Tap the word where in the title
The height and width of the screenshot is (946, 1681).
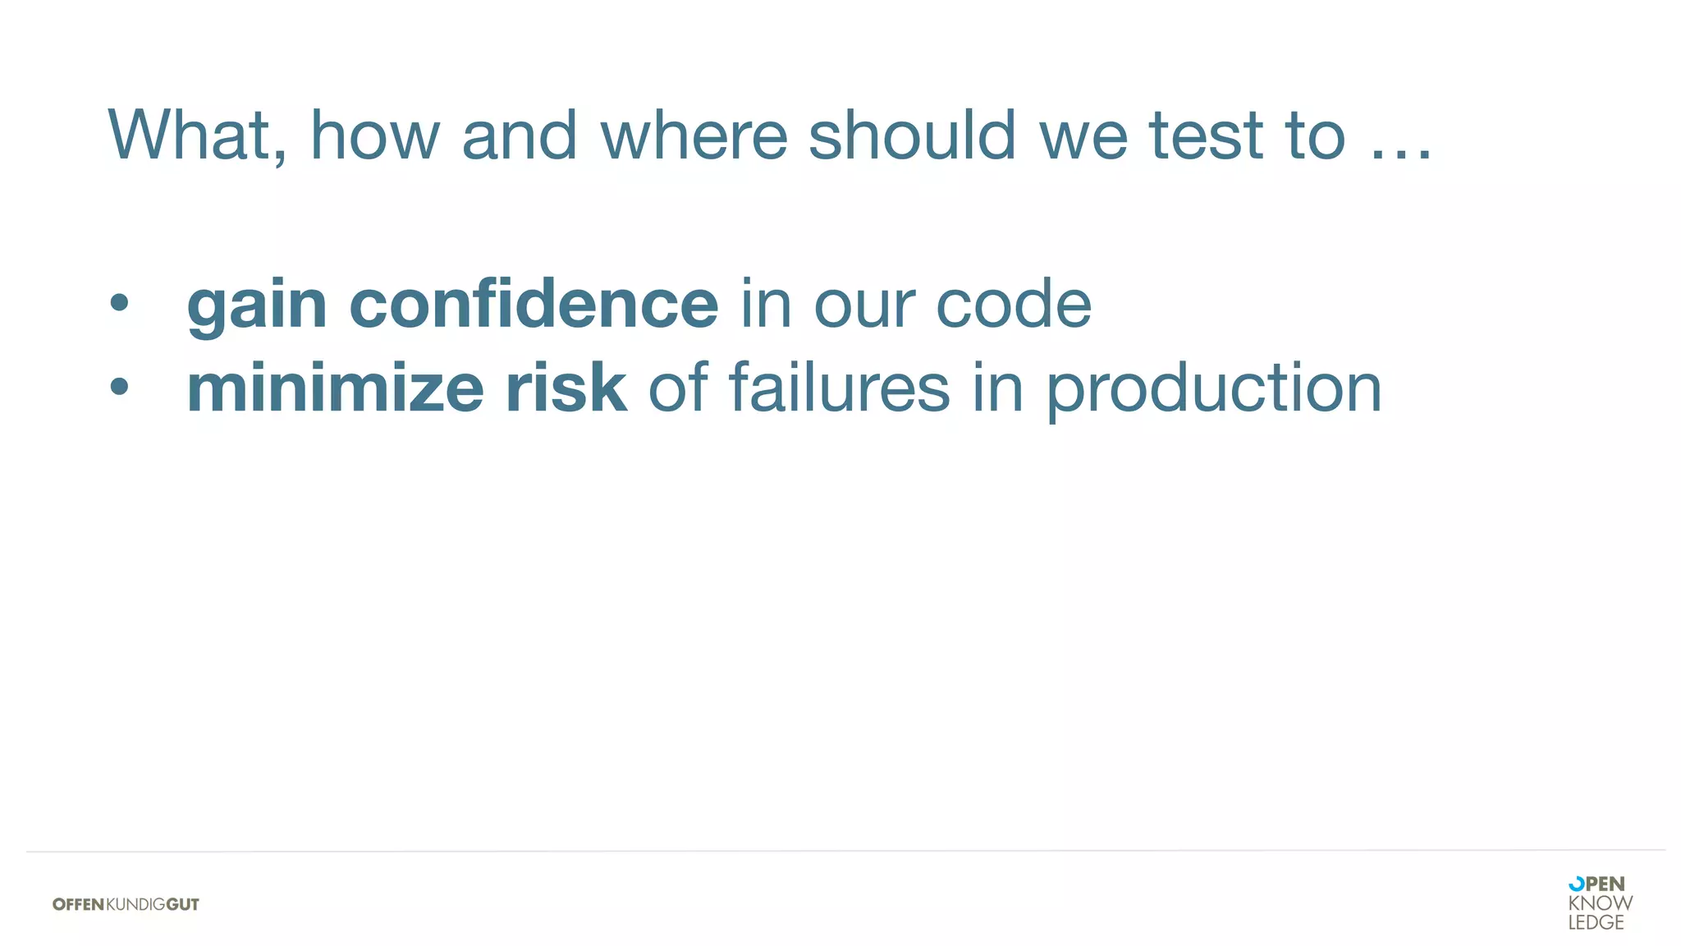click(x=694, y=135)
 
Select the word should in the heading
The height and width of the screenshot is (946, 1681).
click(x=913, y=135)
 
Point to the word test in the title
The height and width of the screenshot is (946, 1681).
click(x=1205, y=135)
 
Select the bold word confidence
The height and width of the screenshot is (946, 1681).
click(x=534, y=304)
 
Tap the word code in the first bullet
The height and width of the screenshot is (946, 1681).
click(x=1014, y=304)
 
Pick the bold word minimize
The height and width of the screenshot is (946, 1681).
click(x=335, y=388)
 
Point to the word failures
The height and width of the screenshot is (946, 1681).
click(x=839, y=388)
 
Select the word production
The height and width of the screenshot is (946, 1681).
click(x=1214, y=389)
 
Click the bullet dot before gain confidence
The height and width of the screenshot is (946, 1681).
click(x=120, y=303)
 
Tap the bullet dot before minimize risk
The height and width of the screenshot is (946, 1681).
click(x=120, y=386)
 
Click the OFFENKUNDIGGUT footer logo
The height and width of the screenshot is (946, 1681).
click(x=126, y=904)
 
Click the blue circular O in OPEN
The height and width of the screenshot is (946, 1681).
click(x=1576, y=884)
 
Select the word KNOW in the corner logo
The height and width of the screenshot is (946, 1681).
click(x=1600, y=903)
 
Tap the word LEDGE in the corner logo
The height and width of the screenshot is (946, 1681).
click(x=1596, y=923)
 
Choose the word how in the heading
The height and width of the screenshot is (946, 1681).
click(x=375, y=135)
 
